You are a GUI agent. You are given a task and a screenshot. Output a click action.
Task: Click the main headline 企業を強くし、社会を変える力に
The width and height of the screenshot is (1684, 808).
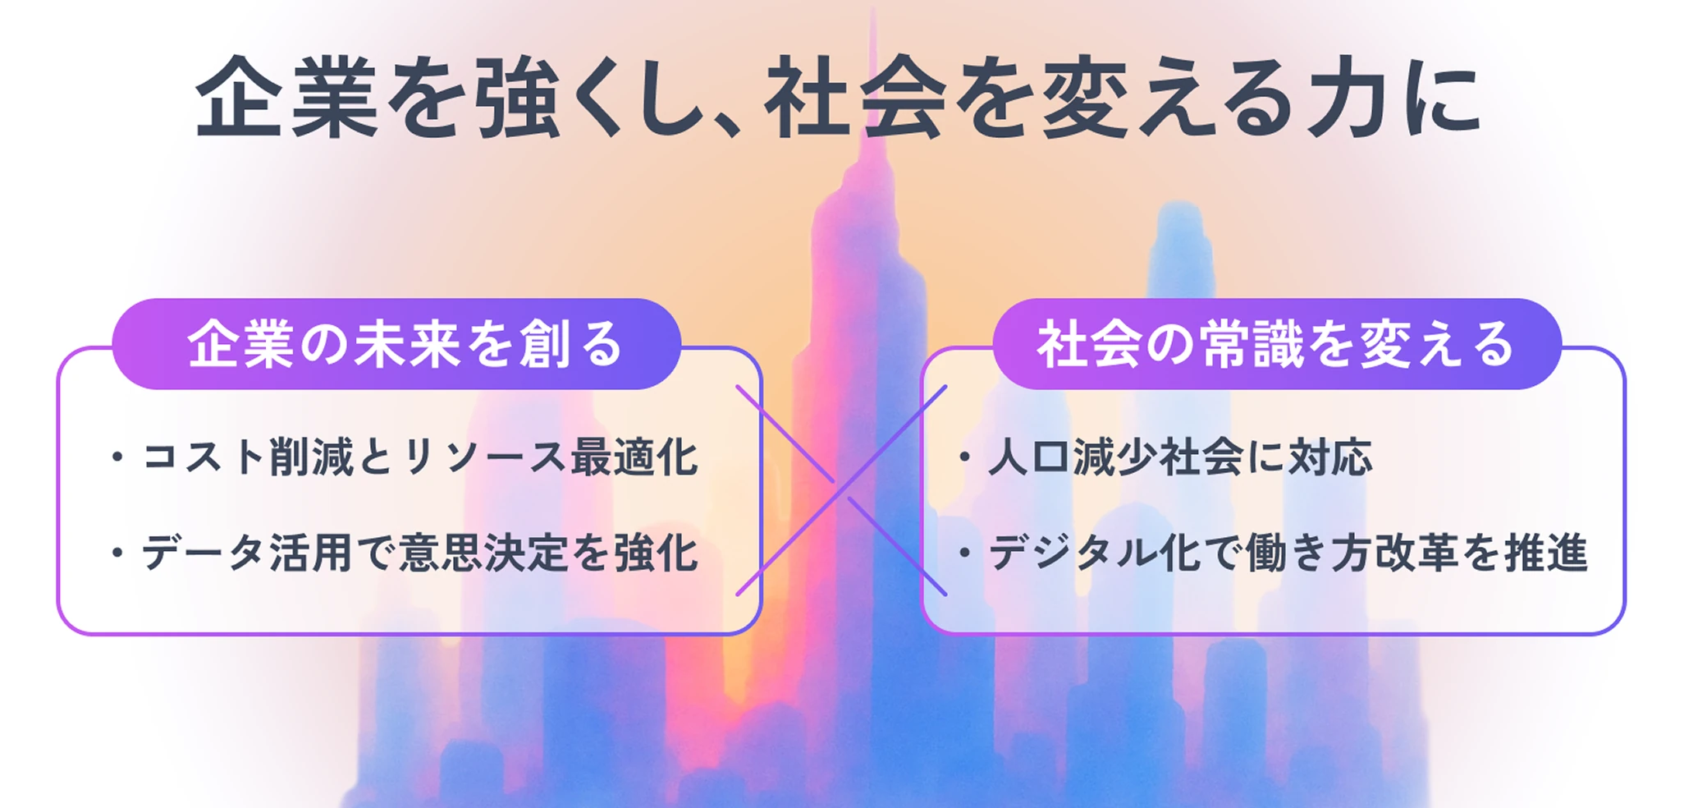pyautogui.click(x=838, y=97)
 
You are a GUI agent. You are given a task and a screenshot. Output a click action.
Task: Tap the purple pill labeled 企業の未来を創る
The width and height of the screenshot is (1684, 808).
pyautogui.click(x=396, y=343)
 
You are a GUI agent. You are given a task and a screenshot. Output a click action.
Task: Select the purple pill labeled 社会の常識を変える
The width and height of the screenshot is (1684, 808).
pyautogui.click(x=1277, y=343)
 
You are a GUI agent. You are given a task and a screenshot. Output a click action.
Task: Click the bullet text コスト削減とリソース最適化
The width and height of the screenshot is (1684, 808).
pyautogui.click(x=420, y=457)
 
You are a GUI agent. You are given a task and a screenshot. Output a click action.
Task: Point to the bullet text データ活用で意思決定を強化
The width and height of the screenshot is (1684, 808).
pyautogui.click(x=420, y=553)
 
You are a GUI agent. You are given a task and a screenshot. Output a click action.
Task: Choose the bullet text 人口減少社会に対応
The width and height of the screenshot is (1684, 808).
pyautogui.click(x=1180, y=457)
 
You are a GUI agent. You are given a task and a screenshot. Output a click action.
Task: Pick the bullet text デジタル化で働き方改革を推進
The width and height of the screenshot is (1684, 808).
pyautogui.click(x=1288, y=553)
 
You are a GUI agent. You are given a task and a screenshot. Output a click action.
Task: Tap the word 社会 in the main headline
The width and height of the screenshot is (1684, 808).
pyautogui.click(x=855, y=97)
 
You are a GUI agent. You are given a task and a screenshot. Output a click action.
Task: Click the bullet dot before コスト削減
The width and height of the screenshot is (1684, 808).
pyautogui.click(x=117, y=457)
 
